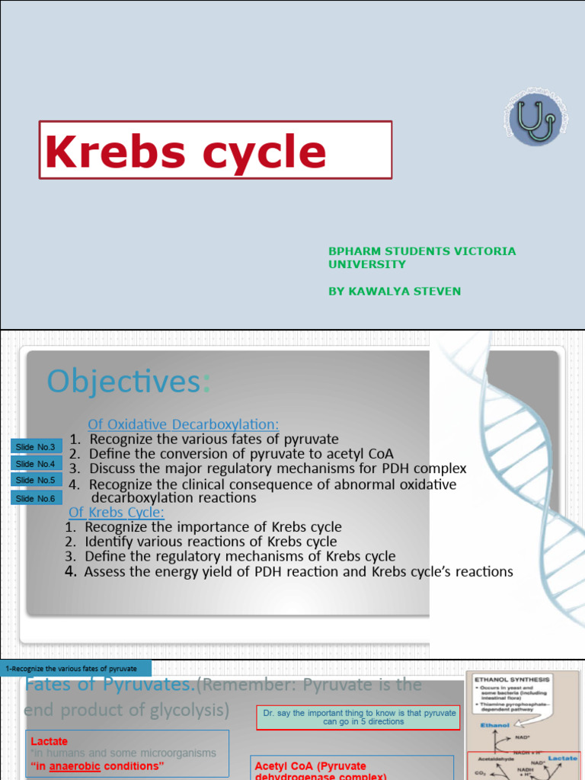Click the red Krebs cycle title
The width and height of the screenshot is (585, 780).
point(187,151)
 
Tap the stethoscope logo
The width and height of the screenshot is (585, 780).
point(535,119)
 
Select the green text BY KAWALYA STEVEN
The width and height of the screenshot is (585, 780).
point(394,291)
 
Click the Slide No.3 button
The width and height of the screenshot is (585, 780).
point(35,446)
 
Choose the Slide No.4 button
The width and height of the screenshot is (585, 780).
point(35,463)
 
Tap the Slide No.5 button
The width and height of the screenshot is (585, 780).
point(35,480)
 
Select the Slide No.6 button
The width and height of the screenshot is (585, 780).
point(35,498)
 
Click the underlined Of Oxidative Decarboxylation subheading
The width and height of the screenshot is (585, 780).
point(183,424)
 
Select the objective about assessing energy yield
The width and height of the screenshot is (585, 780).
point(299,571)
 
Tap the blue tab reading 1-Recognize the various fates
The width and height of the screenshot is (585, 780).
point(75,668)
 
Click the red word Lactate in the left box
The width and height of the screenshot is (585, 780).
point(49,740)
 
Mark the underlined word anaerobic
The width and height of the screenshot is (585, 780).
point(76,766)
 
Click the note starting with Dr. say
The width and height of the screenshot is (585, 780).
point(359,717)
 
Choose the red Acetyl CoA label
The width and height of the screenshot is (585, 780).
point(311,766)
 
